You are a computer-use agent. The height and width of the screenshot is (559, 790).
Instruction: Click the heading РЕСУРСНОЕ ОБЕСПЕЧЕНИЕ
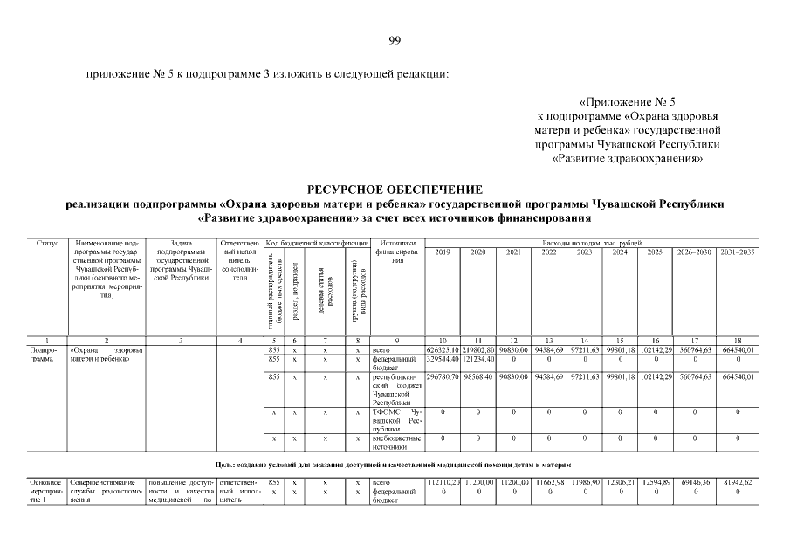coord(395,190)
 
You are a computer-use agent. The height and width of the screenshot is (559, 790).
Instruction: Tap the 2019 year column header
coord(442,252)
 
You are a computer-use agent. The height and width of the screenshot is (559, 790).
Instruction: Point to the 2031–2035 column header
coord(737,252)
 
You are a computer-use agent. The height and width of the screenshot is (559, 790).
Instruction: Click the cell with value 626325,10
coord(442,350)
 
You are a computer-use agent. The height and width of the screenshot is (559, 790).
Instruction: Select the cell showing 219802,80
coord(478,350)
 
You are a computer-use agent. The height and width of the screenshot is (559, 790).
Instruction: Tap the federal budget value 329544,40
coord(442,360)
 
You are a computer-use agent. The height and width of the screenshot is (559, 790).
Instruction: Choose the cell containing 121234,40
coord(478,360)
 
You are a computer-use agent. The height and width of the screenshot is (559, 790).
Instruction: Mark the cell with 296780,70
coord(442,378)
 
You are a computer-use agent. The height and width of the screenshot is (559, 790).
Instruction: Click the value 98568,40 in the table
coord(478,378)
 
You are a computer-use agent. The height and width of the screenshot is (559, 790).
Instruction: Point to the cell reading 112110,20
coord(442,482)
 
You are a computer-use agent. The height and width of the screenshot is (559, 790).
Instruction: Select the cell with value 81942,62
coord(737,482)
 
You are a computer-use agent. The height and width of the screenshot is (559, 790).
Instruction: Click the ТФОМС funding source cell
coord(396,418)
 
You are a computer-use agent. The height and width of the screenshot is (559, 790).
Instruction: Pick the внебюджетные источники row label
coord(396,442)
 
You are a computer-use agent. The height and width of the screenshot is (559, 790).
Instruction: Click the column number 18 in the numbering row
coord(737,340)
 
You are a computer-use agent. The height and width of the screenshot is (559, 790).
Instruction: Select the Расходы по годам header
coord(591,242)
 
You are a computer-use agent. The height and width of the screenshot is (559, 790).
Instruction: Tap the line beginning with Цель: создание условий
coord(395,463)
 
